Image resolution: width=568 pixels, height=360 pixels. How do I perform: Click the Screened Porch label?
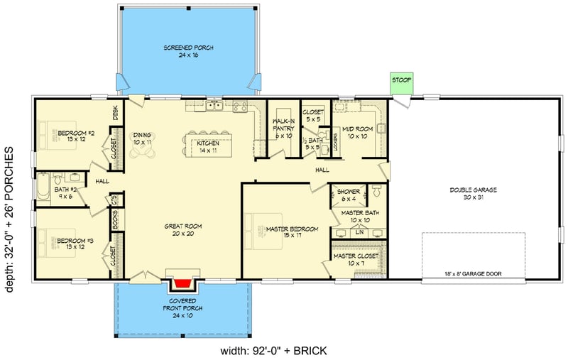tap(188, 51)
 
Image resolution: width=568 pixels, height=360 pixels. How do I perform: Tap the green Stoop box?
tap(400, 81)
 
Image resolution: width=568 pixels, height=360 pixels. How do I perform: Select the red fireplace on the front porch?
tap(184, 285)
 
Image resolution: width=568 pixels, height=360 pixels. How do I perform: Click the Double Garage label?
tap(472, 194)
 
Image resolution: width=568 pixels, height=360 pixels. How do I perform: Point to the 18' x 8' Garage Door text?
tap(472, 273)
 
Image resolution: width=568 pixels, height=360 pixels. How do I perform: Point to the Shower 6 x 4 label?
tap(348, 195)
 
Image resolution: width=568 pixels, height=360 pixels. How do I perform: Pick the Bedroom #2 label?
tap(76, 136)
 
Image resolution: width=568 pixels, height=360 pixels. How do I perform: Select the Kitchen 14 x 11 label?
tap(207, 147)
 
